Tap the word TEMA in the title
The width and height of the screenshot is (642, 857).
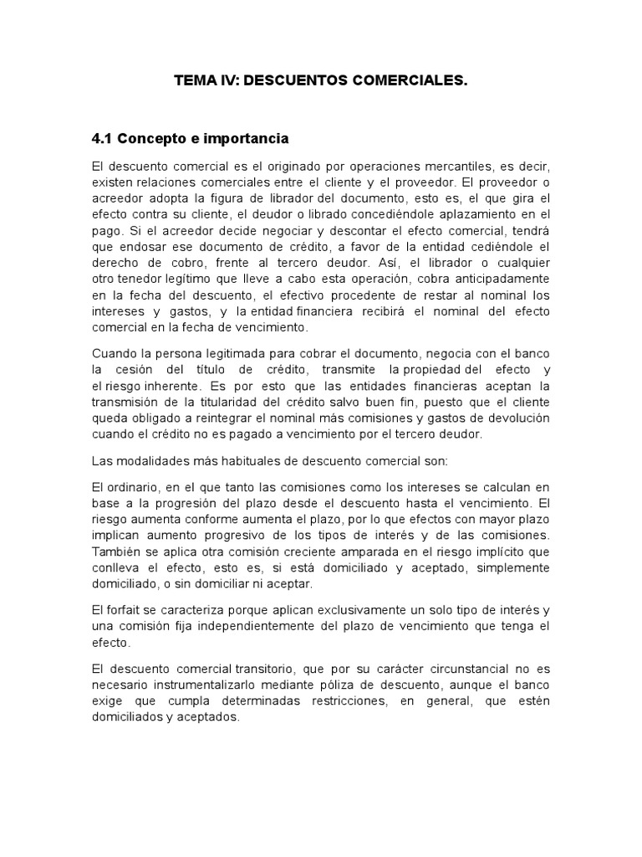193,81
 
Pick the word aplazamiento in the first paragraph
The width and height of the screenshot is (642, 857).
492,213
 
